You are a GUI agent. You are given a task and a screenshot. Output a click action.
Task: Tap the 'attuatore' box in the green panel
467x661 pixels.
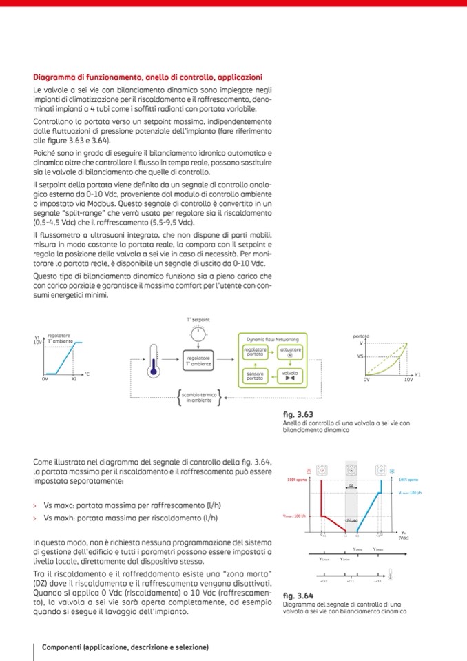pos(289,353)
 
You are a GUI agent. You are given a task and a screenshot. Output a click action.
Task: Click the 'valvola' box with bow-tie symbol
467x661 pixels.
pos(289,376)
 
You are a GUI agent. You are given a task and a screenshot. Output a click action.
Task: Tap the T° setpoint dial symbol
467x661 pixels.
pos(198,334)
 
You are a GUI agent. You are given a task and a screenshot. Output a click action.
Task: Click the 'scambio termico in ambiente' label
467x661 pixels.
pos(198,396)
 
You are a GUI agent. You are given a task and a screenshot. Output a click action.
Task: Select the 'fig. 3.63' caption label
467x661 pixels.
pos(298,414)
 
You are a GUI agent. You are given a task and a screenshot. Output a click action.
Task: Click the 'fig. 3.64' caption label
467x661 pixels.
pos(298,594)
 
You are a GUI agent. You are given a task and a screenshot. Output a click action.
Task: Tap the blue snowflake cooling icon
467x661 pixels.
pos(393,471)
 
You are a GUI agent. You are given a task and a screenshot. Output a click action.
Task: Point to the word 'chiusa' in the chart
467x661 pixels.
pos(351,520)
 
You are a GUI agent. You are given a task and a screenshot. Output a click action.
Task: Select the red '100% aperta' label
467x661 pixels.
pos(297,478)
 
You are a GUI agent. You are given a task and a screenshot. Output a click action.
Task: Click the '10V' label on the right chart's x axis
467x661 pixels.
pos(408,379)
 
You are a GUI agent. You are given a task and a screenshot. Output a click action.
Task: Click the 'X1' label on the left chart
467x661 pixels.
pos(74,379)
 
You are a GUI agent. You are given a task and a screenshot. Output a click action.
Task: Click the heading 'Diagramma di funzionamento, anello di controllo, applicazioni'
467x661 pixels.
pos(147,77)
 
